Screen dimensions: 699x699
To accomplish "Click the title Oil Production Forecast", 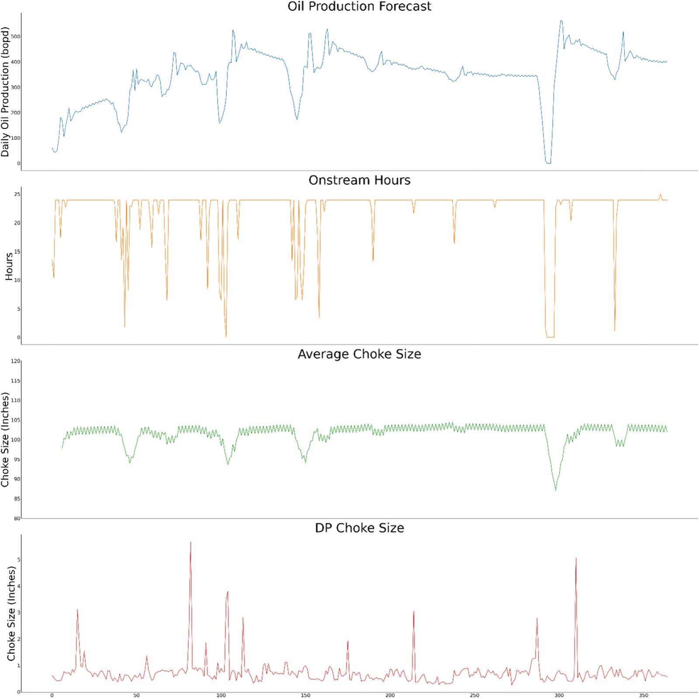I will tap(359, 7).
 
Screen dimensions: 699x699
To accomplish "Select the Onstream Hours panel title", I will tap(359, 180).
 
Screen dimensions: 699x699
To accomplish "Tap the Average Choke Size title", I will tap(359, 354).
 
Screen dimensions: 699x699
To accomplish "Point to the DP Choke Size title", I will tap(359, 528).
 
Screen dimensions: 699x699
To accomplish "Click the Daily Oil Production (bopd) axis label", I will tap(5, 92).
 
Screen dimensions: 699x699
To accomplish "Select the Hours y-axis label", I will tap(9, 266).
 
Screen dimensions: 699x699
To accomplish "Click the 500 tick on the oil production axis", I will tap(16, 37).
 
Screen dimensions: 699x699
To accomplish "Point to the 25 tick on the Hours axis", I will tap(17, 194).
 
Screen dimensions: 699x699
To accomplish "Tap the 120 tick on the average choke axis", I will tap(16, 361).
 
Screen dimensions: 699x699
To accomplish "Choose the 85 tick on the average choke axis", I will tap(17, 499).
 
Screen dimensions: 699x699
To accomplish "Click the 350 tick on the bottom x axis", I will tap(644, 695).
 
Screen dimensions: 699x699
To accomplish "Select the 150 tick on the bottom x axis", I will tap(305, 695).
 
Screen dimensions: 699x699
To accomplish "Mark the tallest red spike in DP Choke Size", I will tap(190, 543).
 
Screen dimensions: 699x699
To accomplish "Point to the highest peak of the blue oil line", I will tap(561, 21).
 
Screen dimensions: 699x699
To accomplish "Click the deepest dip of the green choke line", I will tap(556, 490).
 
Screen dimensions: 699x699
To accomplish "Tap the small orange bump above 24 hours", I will tap(660, 195).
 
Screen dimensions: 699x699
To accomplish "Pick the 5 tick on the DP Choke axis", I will tap(18, 560).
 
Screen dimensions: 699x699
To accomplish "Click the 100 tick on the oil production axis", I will tap(16, 138).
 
